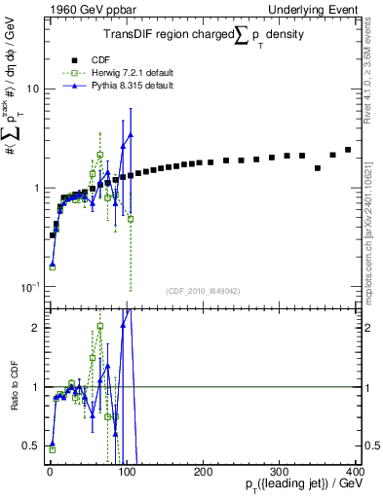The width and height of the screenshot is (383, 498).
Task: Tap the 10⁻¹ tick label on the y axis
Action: pyautogui.click(x=30, y=287)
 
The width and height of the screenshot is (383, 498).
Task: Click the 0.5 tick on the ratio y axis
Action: pyautogui.click(x=31, y=445)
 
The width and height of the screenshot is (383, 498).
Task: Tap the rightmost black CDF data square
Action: pyautogui.click(x=348, y=150)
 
